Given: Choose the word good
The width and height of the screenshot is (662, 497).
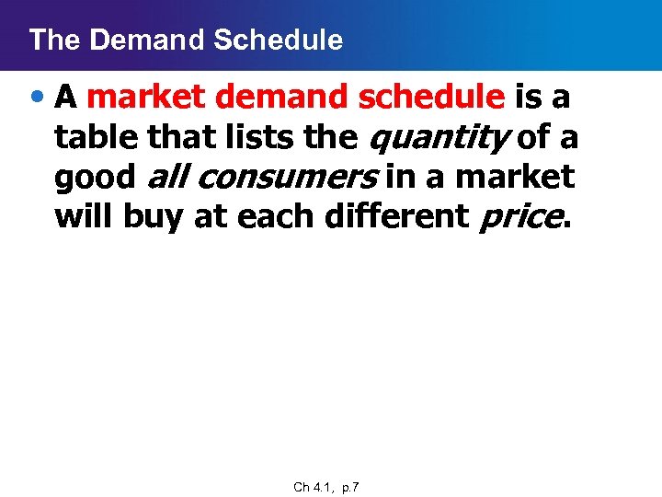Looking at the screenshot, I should [x=94, y=177].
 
